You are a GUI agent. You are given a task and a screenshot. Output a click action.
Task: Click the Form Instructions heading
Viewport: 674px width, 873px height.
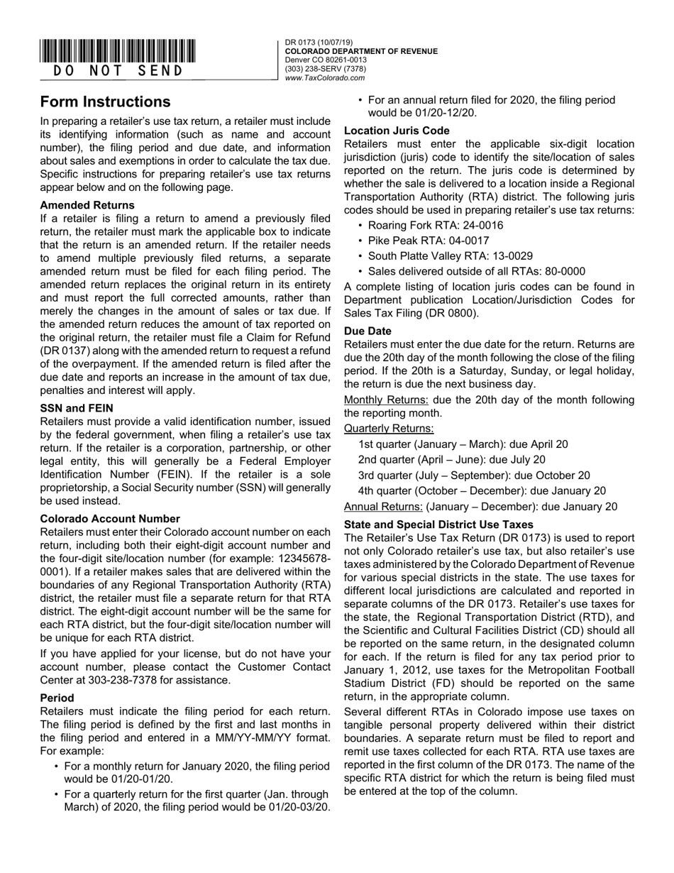[x=105, y=101]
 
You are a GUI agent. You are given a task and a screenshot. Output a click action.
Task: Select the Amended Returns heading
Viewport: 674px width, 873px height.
[x=87, y=205]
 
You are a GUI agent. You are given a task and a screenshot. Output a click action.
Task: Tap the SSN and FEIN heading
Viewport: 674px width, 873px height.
[x=77, y=408]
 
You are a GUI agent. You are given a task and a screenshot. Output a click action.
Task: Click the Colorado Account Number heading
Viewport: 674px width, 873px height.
[x=110, y=519]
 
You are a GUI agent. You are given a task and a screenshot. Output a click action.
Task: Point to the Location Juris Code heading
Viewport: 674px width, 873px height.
[x=397, y=131]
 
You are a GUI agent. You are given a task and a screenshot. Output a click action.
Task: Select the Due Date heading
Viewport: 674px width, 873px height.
[x=368, y=331]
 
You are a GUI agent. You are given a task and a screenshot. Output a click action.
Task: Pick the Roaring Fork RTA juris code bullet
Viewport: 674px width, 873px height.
[x=436, y=225]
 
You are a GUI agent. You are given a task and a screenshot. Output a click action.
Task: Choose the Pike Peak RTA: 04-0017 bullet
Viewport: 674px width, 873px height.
[x=428, y=241]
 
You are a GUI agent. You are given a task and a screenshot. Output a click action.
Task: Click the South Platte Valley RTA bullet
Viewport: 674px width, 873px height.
[x=451, y=256]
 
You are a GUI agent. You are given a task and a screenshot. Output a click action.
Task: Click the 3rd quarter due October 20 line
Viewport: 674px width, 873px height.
[x=473, y=476]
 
